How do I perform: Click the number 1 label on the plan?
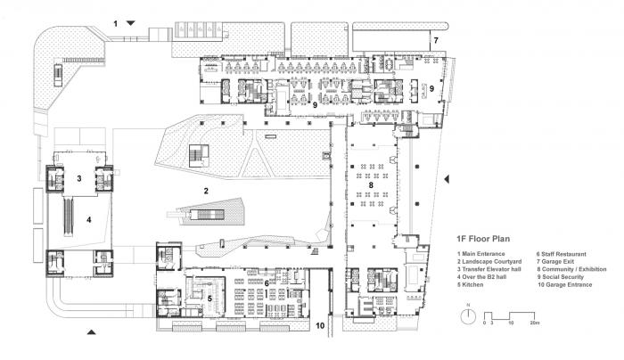pyautogui.click(x=115, y=20)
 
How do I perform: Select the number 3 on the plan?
pyautogui.click(x=79, y=178)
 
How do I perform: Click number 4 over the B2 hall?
pyautogui.click(x=88, y=217)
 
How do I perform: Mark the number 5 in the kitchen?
pyautogui.click(x=209, y=299)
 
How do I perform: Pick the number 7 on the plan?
pyautogui.click(x=436, y=41)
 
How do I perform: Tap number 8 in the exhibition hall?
pyautogui.click(x=371, y=185)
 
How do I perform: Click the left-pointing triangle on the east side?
pyautogui.click(x=446, y=181)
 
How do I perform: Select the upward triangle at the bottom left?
pyautogui.click(x=91, y=332)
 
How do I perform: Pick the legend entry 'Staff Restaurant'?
pyautogui.click(x=562, y=255)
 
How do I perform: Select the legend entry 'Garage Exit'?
pyautogui.click(x=556, y=263)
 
